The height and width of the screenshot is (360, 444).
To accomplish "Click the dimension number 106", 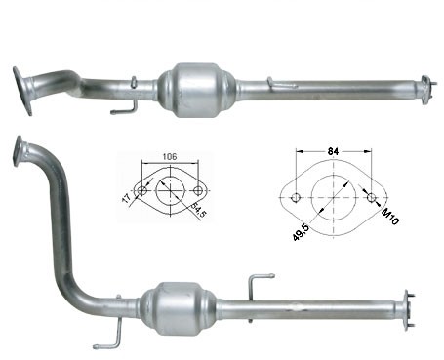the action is [170, 157].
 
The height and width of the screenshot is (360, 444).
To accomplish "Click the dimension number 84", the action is [334, 151].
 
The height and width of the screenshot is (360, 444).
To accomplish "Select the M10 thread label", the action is [389, 217].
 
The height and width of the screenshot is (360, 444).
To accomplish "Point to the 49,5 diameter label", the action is [302, 232].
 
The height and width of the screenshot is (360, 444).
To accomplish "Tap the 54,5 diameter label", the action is [199, 210].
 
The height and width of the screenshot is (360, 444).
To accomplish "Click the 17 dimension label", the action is [126, 198].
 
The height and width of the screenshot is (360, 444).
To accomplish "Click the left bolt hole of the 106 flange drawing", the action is [142, 190].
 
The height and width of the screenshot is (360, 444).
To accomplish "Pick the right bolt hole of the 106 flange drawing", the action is [197, 190].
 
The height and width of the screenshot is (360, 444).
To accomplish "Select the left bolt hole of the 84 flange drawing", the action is [296, 197].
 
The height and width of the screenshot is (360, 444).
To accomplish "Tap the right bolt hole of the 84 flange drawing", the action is [371, 197].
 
